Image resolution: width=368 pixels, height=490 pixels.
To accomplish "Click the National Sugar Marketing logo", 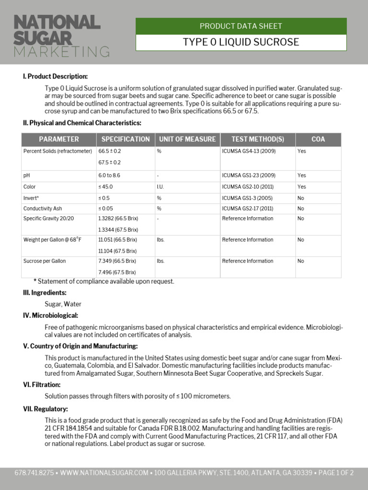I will tap(61, 36).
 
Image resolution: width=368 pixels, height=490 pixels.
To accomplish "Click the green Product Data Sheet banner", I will tap(241, 26).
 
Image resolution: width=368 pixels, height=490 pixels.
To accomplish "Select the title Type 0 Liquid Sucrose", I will tap(241, 42).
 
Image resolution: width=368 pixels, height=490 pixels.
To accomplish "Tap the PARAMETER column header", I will tap(59, 139).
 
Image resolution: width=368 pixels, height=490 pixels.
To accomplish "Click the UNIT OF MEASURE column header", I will tap(187, 139).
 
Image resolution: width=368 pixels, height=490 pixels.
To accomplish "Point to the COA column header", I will tap(318, 139).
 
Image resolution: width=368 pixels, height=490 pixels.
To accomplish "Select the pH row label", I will tap(26, 176).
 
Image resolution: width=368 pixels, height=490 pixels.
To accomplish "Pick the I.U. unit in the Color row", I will tap(160, 187).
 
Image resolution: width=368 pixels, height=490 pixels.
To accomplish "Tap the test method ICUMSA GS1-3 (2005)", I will tap(247, 198).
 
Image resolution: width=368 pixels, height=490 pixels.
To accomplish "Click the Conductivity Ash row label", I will tap(43, 209).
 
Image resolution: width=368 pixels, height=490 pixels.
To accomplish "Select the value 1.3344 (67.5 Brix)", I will tap(118, 230).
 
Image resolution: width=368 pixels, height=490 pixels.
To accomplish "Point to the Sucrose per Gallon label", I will tap(45, 261).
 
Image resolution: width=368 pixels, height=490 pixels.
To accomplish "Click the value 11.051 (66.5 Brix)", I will tap(117, 240).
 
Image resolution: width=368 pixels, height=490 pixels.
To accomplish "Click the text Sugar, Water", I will tap(63, 304).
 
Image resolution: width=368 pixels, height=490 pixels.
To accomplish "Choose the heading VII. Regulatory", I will tap(46, 409).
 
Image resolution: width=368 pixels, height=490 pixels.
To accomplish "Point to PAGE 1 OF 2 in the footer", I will tap(336, 473).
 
